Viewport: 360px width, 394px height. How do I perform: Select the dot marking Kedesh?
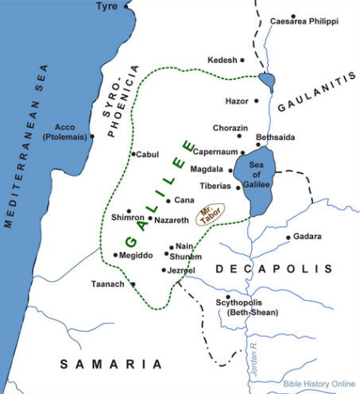(x=242, y=60)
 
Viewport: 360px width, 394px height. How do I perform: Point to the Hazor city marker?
(x=257, y=101)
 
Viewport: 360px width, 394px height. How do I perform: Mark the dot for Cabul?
(x=134, y=154)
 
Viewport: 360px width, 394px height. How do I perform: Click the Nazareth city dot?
(x=150, y=218)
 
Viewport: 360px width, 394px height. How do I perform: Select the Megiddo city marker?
(x=114, y=256)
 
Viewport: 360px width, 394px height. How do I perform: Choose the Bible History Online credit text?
(x=318, y=384)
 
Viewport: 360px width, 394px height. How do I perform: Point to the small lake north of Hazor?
(x=267, y=80)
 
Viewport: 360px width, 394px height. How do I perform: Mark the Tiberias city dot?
(x=238, y=187)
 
